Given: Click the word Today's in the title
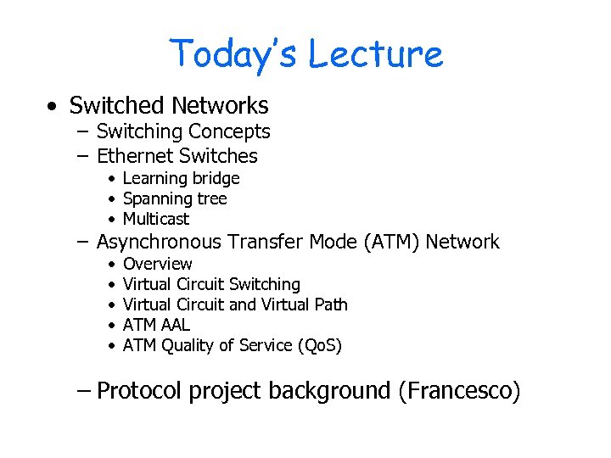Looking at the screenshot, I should (x=233, y=53).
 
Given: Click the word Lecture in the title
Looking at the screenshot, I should (x=374, y=53).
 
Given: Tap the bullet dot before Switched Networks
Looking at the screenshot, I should (x=53, y=107).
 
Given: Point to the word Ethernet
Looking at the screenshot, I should (x=134, y=156).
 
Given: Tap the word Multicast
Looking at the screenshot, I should (x=156, y=219).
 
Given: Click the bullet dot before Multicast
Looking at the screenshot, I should (x=112, y=220).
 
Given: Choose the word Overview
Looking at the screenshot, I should (x=158, y=264).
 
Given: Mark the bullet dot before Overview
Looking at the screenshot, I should (x=112, y=265).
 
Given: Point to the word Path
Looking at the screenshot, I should (x=331, y=304).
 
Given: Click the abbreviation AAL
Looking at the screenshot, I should (x=176, y=325).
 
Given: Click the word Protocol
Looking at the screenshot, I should (x=139, y=391).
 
